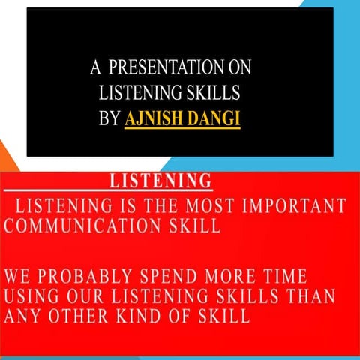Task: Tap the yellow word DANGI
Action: [x=217, y=118]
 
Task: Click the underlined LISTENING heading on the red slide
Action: [x=160, y=181]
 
